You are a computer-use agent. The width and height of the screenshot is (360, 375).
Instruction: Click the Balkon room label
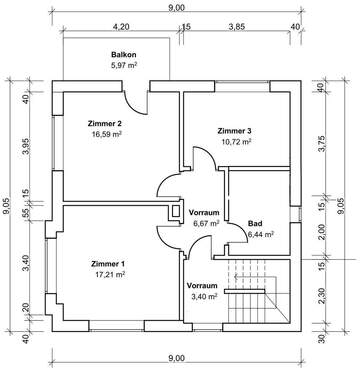coord(123,55)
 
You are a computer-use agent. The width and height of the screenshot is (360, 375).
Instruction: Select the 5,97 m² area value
coord(124,65)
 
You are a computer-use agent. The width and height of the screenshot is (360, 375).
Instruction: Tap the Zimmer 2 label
coord(105,123)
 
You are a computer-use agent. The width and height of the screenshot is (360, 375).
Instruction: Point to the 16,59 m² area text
coord(106,134)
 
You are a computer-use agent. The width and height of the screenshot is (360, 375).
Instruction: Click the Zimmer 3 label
coord(234,131)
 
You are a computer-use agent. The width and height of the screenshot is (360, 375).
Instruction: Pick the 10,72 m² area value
coord(236,141)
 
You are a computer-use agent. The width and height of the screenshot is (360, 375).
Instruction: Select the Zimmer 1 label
coord(108,264)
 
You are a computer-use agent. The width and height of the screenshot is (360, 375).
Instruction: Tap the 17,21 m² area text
coord(110,275)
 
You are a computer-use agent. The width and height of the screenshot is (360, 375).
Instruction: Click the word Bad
coord(255,223)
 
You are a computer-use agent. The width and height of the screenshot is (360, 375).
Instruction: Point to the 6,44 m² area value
coord(261,234)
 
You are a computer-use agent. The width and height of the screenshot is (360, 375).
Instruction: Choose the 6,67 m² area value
coord(206,223)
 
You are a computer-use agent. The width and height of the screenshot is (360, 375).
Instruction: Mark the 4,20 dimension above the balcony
coord(121,27)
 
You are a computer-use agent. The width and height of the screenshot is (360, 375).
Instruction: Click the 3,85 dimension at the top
coord(237,27)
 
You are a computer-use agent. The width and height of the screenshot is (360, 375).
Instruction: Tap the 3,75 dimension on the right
coord(321,144)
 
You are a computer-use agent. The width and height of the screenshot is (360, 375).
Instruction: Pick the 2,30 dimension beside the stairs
coord(321,296)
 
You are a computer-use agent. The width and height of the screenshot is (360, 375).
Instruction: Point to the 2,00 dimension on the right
coord(321,233)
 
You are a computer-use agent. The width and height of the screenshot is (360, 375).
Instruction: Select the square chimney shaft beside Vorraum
coord(176,211)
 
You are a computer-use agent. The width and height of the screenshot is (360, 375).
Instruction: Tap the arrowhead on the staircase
coord(236,276)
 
